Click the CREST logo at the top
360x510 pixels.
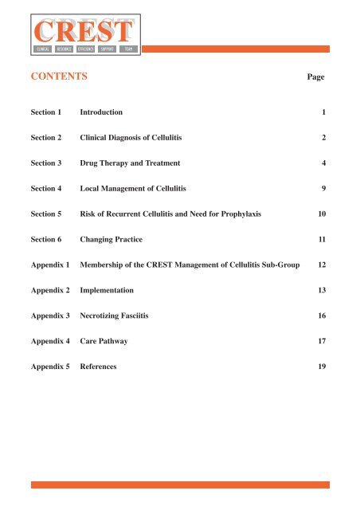82,35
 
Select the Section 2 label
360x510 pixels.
48,139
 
